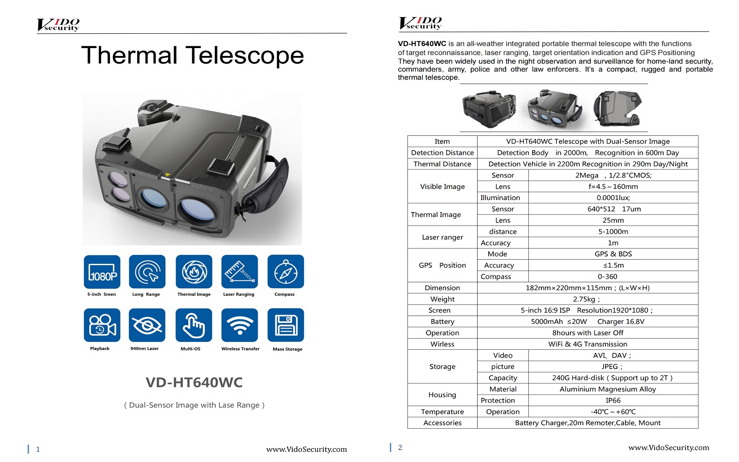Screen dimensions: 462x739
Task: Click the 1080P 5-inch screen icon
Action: point(102,272)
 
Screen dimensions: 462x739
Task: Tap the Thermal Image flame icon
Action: point(194,272)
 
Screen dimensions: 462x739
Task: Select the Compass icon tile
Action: point(285,272)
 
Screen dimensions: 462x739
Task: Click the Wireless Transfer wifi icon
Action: point(240,325)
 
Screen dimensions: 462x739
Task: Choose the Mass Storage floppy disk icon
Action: point(285,325)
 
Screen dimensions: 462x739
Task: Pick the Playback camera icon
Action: point(102,325)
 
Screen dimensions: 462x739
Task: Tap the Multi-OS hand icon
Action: point(194,325)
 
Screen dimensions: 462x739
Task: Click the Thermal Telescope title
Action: point(193,55)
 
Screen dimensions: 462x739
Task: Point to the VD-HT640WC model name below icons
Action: point(194,383)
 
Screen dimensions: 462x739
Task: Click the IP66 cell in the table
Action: point(613,401)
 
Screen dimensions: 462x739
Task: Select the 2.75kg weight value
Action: point(586,299)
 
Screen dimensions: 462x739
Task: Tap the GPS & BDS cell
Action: point(613,254)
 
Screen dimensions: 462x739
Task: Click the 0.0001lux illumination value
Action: point(613,198)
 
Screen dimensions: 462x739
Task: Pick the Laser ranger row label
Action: point(442,237)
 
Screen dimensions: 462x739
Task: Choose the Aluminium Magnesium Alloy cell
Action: point(607,389)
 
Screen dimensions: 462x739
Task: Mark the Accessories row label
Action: point(442,423)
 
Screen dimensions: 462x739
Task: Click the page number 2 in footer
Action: point(400,448)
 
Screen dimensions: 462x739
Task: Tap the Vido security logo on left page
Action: point(58,25)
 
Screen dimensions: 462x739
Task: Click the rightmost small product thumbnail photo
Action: point(617,109)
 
